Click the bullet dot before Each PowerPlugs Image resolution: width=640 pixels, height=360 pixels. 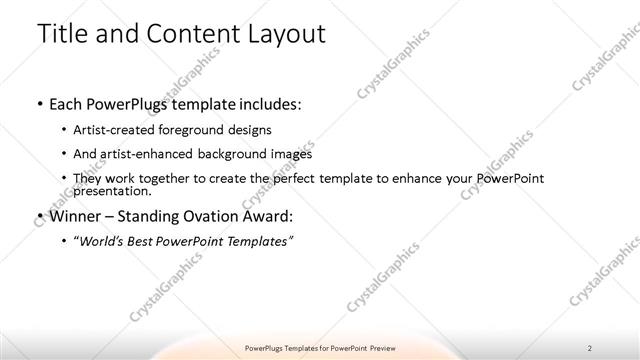(x=38, y=104)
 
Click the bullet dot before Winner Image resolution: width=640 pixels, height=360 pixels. (x=38, y=215)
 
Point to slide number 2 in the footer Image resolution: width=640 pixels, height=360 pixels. (x=590, y=347)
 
